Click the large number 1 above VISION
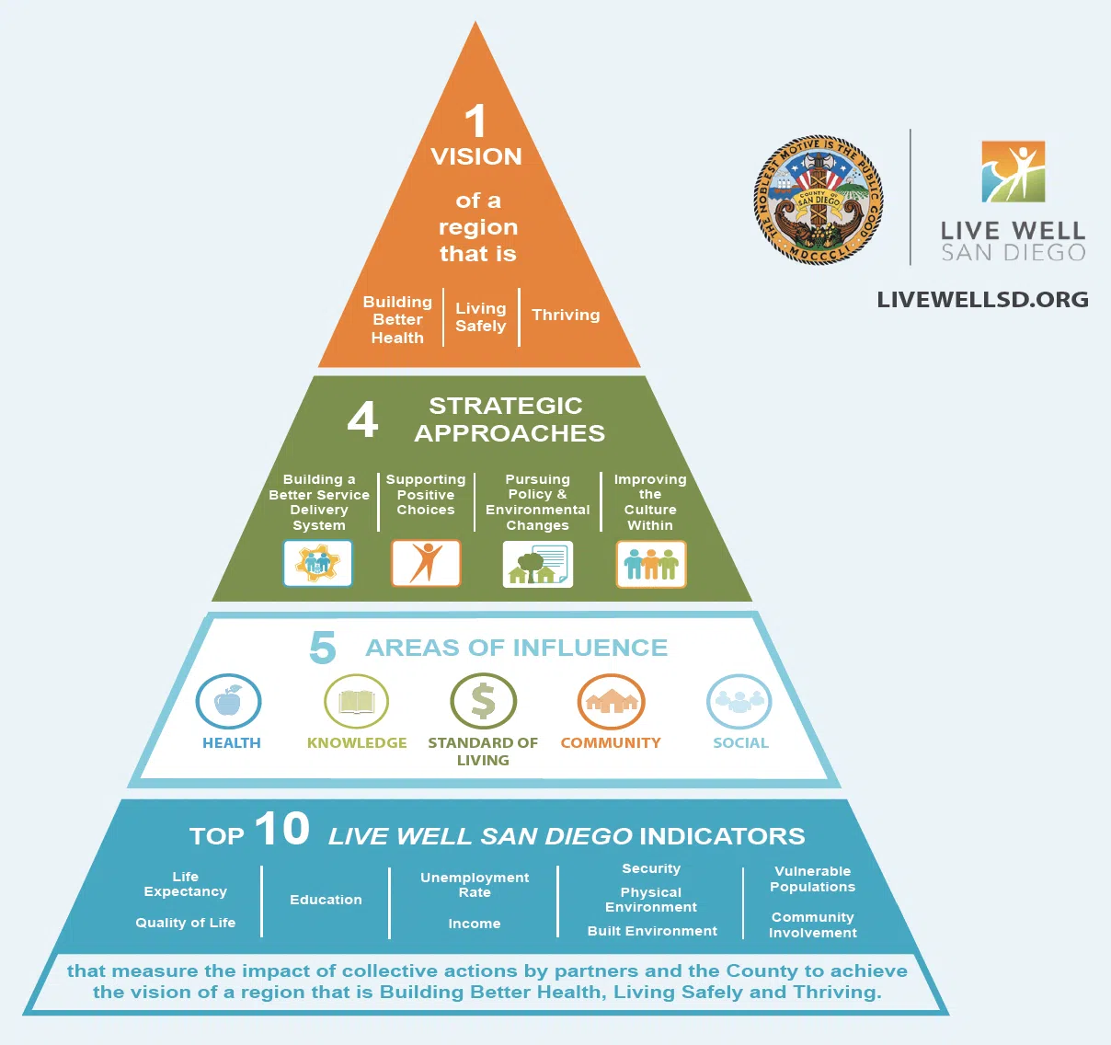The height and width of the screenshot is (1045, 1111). tap(475, 121)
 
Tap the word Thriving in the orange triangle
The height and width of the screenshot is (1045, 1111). tap(566, 315)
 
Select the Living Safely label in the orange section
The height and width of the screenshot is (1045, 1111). tap(480, 317)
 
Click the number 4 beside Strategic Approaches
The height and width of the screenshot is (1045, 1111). tap(362, 419)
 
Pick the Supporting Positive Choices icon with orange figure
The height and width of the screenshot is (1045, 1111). tap(426, 563)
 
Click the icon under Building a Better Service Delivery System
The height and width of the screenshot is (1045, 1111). tap(317, 563)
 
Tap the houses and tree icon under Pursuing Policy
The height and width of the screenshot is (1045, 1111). tap(538, 564)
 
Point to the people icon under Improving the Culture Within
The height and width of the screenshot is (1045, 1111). tap(650, 564)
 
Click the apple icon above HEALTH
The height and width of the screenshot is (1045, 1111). tap(228, 702)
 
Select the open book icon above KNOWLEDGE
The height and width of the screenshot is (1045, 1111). tap(357, 702)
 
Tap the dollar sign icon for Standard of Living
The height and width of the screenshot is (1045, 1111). tap(483, 702)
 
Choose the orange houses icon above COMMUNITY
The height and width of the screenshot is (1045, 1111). tap(611, 702)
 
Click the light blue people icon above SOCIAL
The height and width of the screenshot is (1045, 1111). tap(739, 702)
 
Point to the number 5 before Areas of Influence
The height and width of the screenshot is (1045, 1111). tap(323, 648)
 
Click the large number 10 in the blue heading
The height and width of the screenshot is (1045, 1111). tap(281, 829)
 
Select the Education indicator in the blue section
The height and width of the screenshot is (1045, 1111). tap(326, 900)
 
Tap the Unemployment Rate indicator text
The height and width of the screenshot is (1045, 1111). tap(475, 885)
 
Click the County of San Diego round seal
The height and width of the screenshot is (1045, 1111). tap(818, 201)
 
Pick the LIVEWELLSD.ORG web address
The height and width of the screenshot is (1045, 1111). tap(982, 300)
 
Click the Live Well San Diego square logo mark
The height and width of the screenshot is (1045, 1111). tap(1013, 172)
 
